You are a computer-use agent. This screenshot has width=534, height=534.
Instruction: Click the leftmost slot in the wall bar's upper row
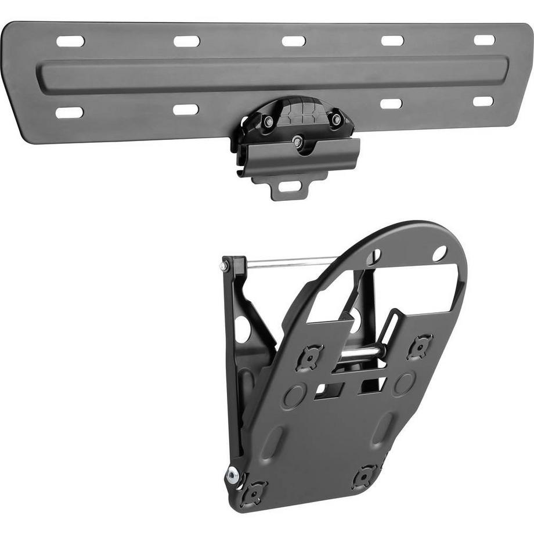pyautogui.click(x=70, y=41)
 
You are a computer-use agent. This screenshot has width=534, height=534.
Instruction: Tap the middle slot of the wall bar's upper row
pyautogui.click(x=294, y=41)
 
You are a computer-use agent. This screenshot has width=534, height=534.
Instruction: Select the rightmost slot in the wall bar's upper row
pyautogui.click(x=484, y=40)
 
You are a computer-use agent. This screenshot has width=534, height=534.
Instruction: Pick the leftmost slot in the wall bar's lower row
pyautogui.click(x=70, y=112)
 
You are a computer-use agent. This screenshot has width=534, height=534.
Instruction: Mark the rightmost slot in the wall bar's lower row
pyautogui.click(x=483, y=101)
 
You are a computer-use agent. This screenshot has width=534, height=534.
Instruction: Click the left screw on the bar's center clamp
pyautogui.click(x=268, y=122)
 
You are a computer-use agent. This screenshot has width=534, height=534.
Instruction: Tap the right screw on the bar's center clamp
pyautogui.click(x=336, y=118)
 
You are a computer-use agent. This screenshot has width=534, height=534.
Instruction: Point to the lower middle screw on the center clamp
pyautogui.click(x=298, y=141)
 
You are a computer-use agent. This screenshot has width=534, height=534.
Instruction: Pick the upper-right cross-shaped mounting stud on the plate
pyautogui.click(x=420, y=346)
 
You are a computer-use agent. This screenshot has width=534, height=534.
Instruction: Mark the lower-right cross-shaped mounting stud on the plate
pyautogui.click(x=365, y=477)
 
